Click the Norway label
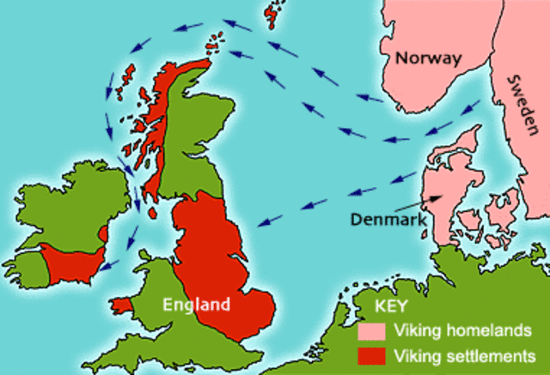pyautogui.click(x=428, y=57)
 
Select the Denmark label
pyautogui.click(x=388, y=219)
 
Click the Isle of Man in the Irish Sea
pyautogui.click(x=152, y=210)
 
